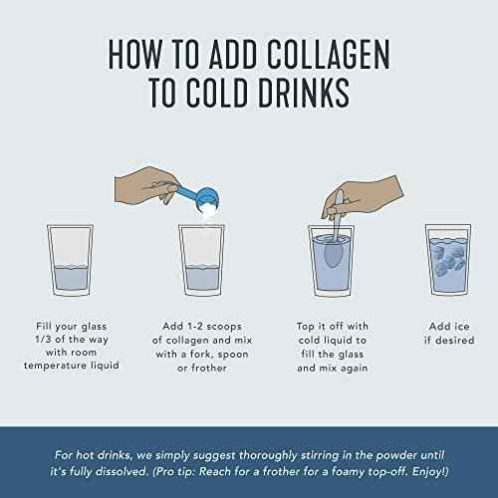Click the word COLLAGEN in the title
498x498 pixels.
coord(328,55)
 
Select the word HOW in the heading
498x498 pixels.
coord(135,55)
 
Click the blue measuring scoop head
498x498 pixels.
coord(208,199)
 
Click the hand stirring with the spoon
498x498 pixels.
coord(362,197)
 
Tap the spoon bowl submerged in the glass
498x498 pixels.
coord(334,254)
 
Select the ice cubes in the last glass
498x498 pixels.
coord(449,257)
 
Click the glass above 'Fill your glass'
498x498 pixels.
coord(71,260)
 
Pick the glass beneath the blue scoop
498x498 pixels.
coord(201,260)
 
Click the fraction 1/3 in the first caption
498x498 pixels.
coord(44,340)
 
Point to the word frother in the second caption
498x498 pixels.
coord(209,368)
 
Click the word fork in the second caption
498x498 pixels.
coord(201,354)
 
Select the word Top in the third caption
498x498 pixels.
coord(306,327)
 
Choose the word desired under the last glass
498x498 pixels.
coord(454,341)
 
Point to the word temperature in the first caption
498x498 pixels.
coord(51,366)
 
